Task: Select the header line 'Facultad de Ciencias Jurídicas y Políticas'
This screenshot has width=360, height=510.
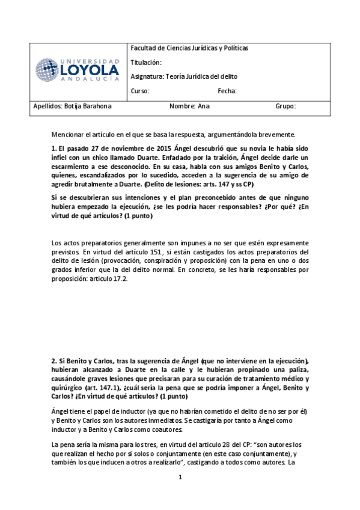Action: [x=189, y=48]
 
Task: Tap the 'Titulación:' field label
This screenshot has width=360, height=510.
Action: [x=146, y=62]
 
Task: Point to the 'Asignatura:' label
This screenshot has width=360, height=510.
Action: [x=147, y=76]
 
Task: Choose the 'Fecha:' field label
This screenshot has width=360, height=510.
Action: [x=227, y=91]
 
